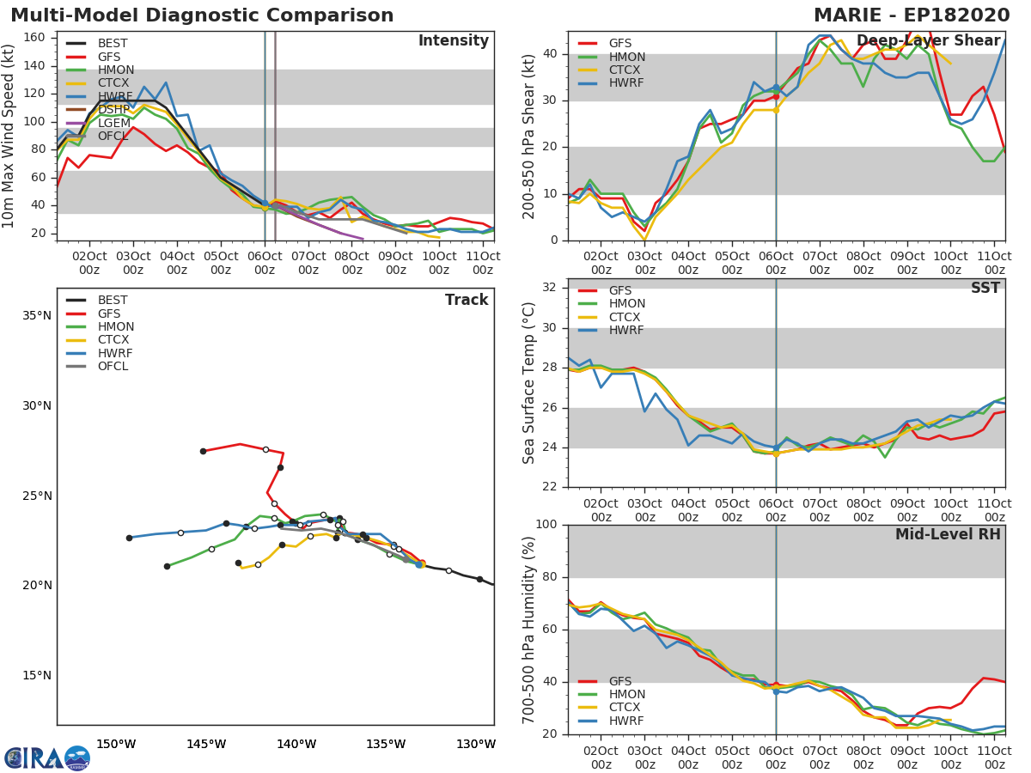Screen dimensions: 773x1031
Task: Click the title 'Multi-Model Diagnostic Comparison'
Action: click(x=202, y=15)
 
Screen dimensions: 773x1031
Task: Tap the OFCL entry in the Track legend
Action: click(x=112, y=366)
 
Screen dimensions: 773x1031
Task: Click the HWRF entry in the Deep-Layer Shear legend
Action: click(x=625, y=83)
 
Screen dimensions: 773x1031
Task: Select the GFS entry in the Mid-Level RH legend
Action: click(x=619, y=681)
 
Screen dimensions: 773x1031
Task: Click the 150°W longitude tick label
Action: click(x=116, y=744)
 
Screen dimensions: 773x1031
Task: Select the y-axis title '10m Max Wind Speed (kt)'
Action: click(x=9, y=136)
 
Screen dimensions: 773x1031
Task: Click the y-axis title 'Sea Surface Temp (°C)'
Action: click(x=529, y=384)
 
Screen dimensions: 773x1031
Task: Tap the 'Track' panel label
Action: click(x=467, y=300)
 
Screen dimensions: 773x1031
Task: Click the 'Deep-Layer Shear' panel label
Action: click(x=929, y=41)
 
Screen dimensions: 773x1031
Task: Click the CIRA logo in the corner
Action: click(x=47, y=757)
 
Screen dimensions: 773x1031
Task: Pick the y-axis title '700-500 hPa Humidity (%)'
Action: click(x=529, y=630)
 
